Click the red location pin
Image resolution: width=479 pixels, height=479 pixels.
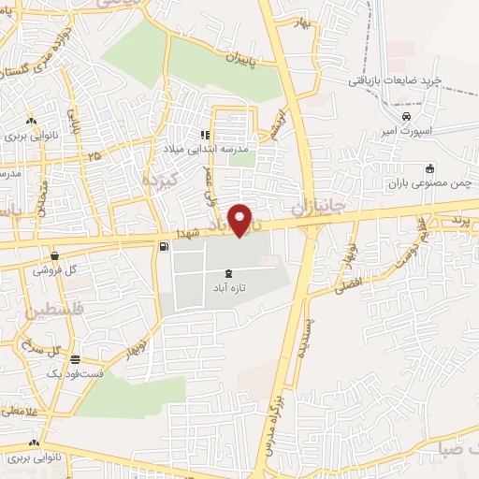pyautogui.click(x=241, y=220)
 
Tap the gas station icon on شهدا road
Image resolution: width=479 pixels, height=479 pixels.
pyautogui.click(x=165, y=247)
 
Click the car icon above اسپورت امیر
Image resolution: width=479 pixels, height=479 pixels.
pyautogui.click(x=406, y=116)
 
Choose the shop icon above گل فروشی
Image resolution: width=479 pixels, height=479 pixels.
pyautogui.click(x=55, y=254)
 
